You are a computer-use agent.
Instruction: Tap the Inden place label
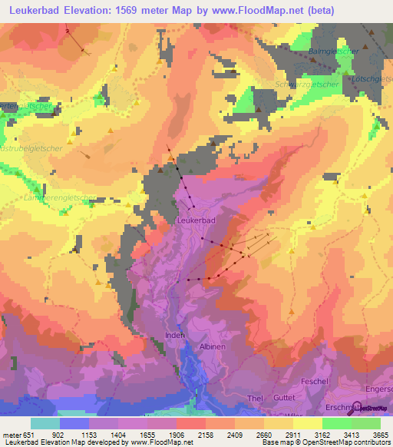[175, 336]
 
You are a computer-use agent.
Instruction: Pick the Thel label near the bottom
[255, 399]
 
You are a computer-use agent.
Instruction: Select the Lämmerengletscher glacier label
[60, 198]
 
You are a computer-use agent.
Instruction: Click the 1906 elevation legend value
[175, 434]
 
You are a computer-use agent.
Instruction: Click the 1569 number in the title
[139, 10]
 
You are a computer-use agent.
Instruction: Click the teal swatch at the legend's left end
[45, 423]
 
